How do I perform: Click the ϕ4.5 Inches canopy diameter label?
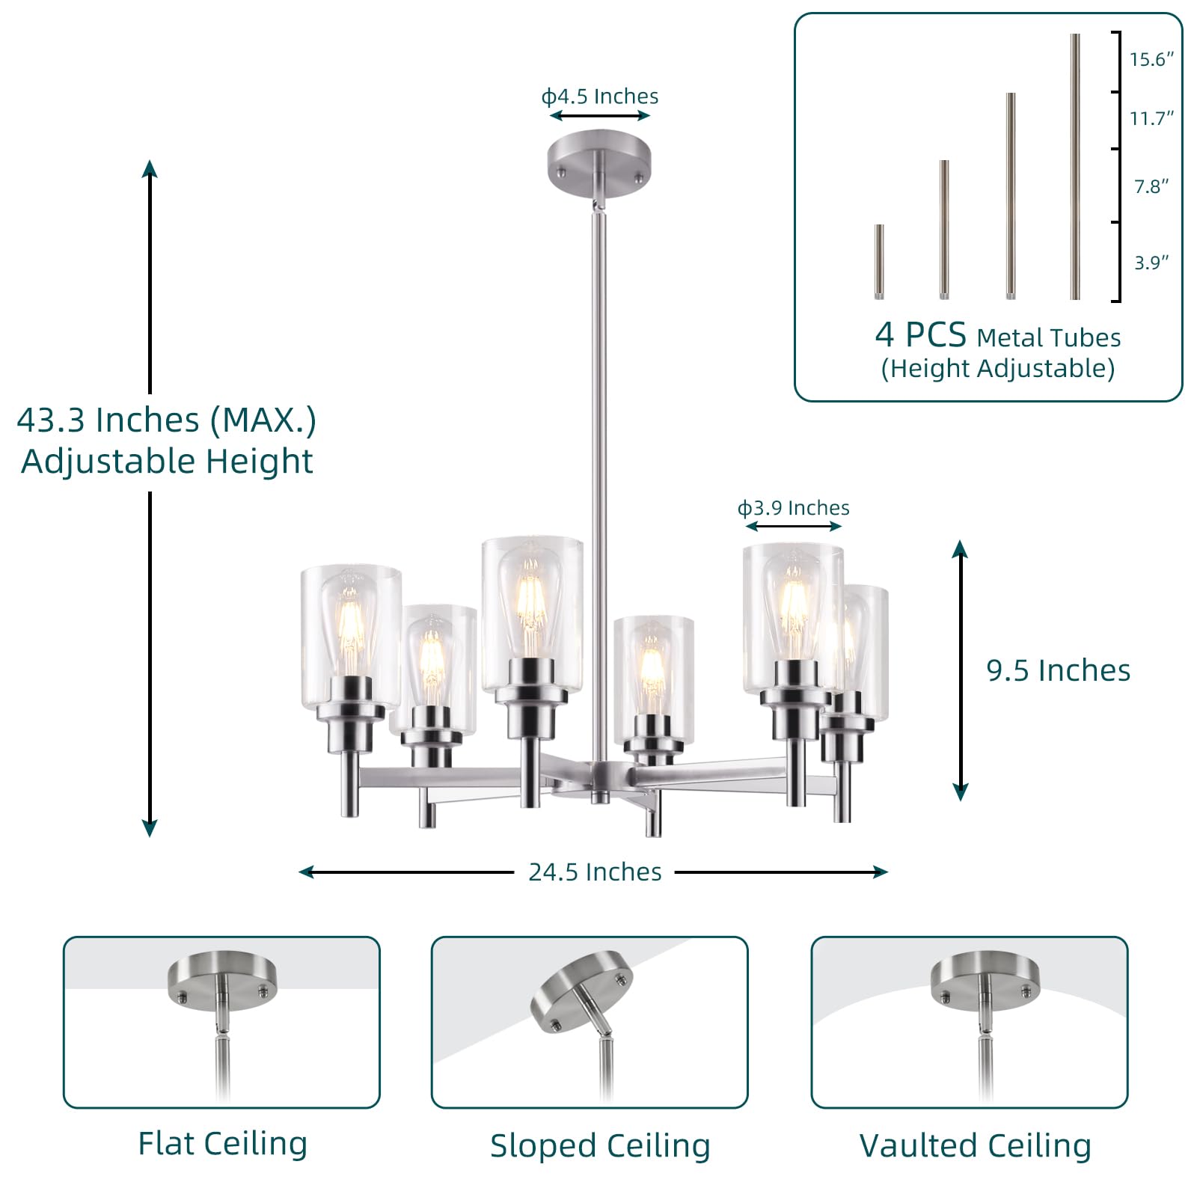click(600, 97)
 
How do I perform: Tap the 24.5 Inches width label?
click(595, 872)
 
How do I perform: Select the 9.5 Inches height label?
click(1058, 670)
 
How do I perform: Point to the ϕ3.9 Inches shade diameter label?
click(794, 508)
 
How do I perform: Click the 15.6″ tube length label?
click(1151, 59)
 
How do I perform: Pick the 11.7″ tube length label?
click(1151, 118)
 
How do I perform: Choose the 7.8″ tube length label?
click(1151, 186)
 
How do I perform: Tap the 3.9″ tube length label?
click(1151, 263)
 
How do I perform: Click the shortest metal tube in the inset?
click(879, 262)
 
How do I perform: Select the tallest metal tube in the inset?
click(1075, 166)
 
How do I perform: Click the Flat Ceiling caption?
click(223, 1144)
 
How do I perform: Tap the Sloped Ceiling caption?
click(600, 1146)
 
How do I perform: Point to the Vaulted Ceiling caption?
click(975, 1146)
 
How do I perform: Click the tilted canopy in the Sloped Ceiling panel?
click(582, 992)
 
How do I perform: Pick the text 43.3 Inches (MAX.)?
click(167, 420)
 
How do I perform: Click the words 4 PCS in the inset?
click(920, 335)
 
